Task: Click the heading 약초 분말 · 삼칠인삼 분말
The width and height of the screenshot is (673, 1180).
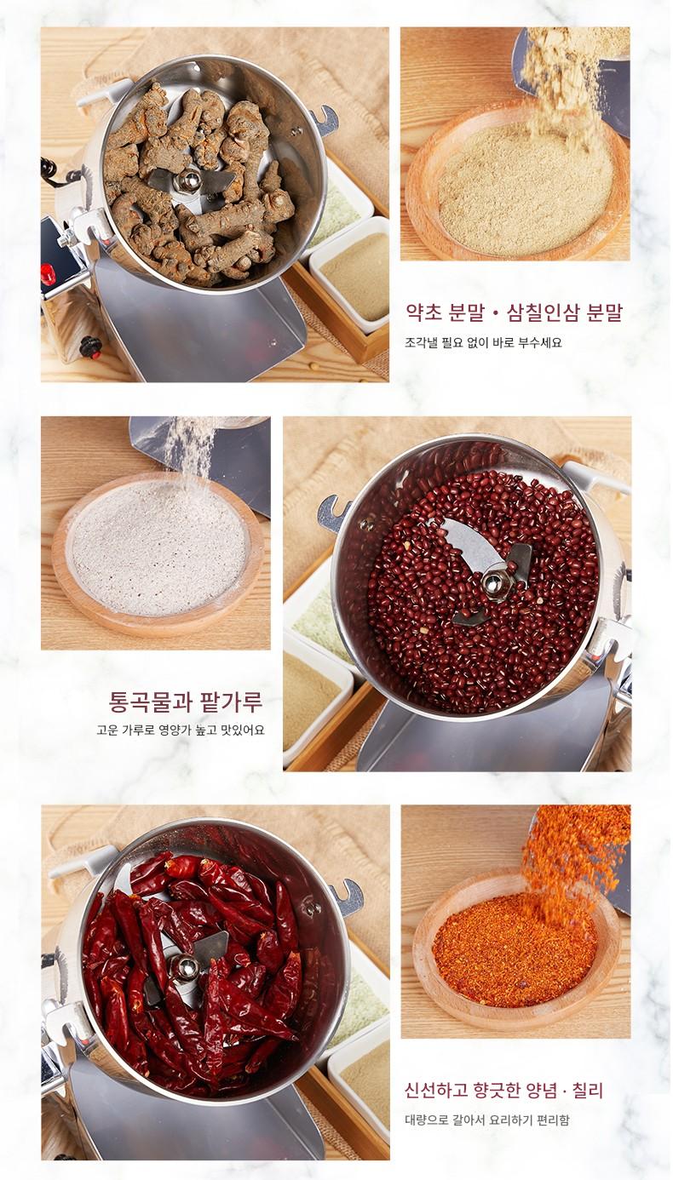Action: pyautogui.click(x=514, y=312)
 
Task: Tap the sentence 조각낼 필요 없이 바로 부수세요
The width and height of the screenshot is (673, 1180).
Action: pyautogui.click(x=483, y=342)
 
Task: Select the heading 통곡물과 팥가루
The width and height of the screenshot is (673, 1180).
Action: pyautogui.click(x=185, y=702)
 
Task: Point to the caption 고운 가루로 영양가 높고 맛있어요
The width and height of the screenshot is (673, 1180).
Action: pyautogui.click(x=181, y=730)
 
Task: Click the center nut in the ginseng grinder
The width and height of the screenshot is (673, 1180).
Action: pyautogui.click(x=188, y=180)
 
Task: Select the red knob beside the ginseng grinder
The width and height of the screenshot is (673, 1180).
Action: pyautogui.click(x=49, y=274)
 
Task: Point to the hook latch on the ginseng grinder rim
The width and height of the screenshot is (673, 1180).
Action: pyautogui.click(x=323, y=121)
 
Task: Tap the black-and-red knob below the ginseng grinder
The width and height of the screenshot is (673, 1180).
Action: pyautogui.click(x=90, y=347)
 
